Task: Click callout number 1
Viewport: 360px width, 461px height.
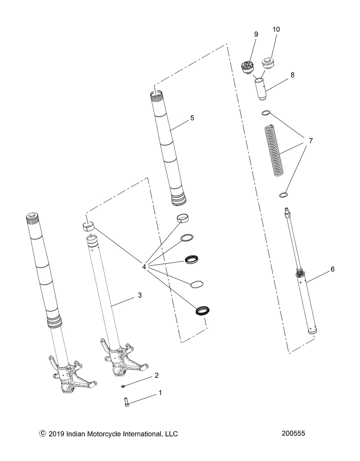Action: tap(160, 393)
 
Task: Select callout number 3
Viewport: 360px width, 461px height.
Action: tap(129, 295)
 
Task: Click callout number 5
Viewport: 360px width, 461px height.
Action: tap(192, 118)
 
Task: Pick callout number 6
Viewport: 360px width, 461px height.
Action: tap(332, 269)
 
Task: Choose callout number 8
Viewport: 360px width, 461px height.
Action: tap(292, 75)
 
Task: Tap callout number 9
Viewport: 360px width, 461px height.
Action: tap(256, 34)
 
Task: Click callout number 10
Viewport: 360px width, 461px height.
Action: tap(276, 30)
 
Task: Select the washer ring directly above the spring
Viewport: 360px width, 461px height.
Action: tap(266, 113)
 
